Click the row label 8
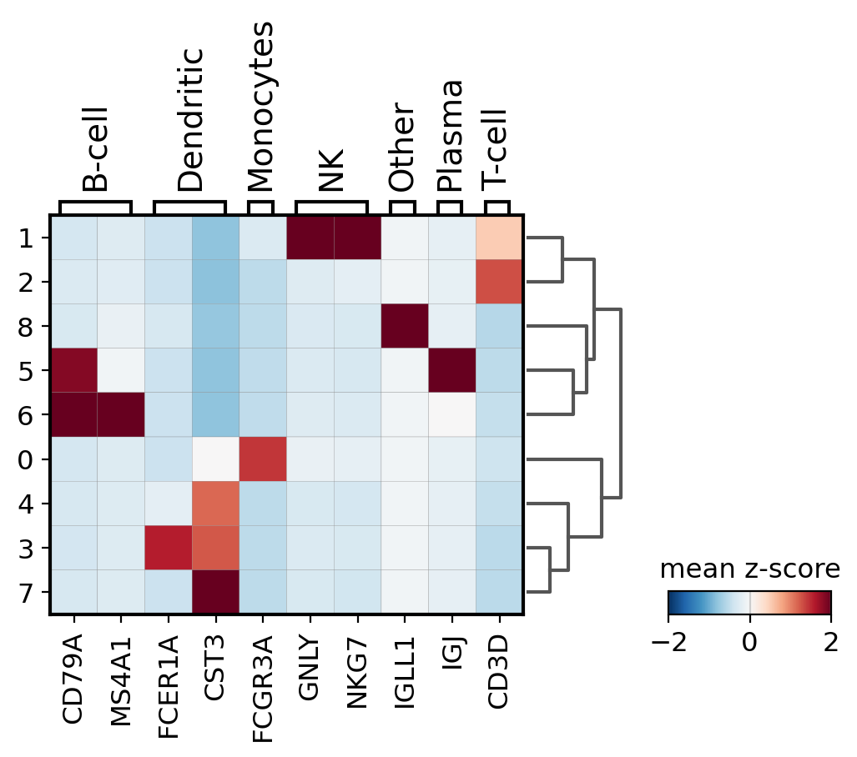[28, 327]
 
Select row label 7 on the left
[28, 593]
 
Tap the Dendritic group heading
[190, 120]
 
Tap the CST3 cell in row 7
[215, 593]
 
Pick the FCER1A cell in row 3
[168, 549]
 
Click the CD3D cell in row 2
[499, 283]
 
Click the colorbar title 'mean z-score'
[749, 569]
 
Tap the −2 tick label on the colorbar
[668, 643]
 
